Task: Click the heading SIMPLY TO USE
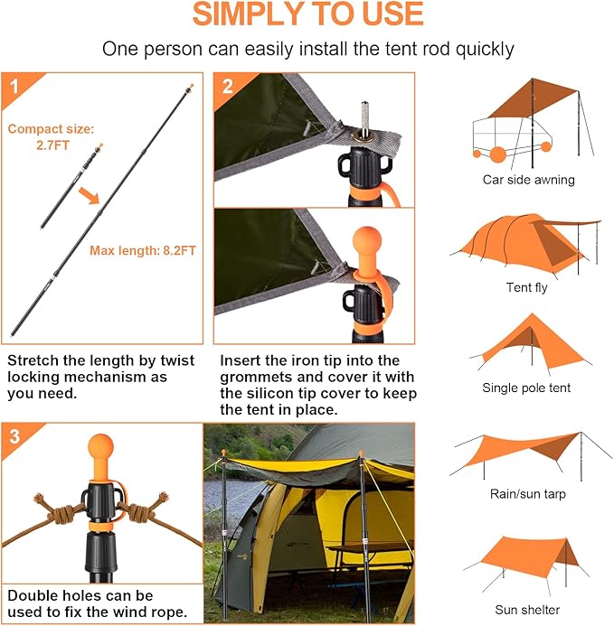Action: (307, 15)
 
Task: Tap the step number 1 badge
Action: (14, 88)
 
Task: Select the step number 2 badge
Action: (228, 87)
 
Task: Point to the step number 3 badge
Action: (14, 437)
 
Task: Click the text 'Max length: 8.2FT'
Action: (143, 250)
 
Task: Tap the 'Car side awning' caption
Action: (528, 180)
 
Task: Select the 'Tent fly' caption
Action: (526, 288)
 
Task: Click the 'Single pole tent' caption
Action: (526, 388)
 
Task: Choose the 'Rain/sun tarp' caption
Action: (526, 493)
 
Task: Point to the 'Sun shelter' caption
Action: (526, 610)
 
